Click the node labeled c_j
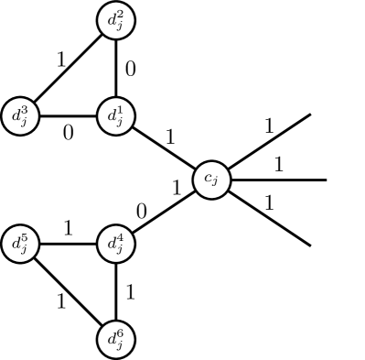click(211, 180)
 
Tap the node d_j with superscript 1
click(116, 116)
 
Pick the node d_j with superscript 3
click(21, 116)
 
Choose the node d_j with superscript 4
click(116, 245)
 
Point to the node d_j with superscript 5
click(21, 245)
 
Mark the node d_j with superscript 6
click(116, 339)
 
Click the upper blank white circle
click(327, 104)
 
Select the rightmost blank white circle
click(345, 180)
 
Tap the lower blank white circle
click(327, 256)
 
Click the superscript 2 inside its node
click(121, 16)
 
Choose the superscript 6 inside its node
click(121, 333)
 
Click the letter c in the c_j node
click(208, 180)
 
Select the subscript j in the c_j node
click(216, 184)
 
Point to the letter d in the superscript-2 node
click(113, 23)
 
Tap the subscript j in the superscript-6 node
click(120, 345)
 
